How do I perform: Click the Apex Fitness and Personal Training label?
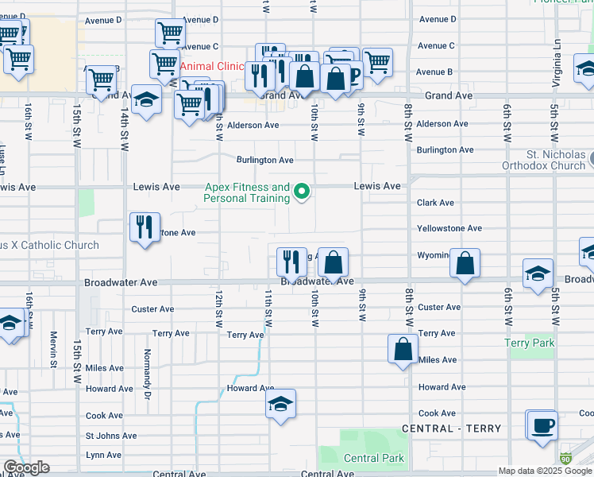tap(247, 192)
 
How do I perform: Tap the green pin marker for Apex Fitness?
tap(302, 192)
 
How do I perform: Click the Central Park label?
tap(373, 458)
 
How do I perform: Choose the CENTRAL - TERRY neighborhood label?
tap(452, 429)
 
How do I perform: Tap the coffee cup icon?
tap(542, 425)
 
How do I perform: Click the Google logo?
tap(26, 467)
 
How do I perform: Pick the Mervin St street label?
tap(54, 344)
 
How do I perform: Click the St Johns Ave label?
tap(111, 436)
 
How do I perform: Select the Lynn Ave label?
tap(104, 455)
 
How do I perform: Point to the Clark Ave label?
tap(435, 203)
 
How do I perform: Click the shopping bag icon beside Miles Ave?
tap(403, 348)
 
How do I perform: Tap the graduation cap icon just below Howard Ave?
tap(280, 404)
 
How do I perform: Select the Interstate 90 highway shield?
tap(565, 459)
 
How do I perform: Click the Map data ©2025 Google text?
tap(545, 471)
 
